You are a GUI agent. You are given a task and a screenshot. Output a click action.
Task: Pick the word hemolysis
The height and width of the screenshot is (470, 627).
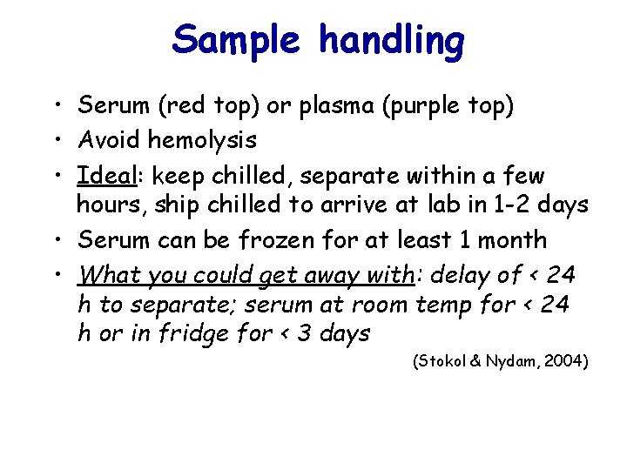[202, 138]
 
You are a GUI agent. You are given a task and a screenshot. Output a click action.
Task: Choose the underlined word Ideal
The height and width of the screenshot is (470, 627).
[103, 175]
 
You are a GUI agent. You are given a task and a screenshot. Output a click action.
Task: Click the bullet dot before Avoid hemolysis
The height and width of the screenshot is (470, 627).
[57, 139]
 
